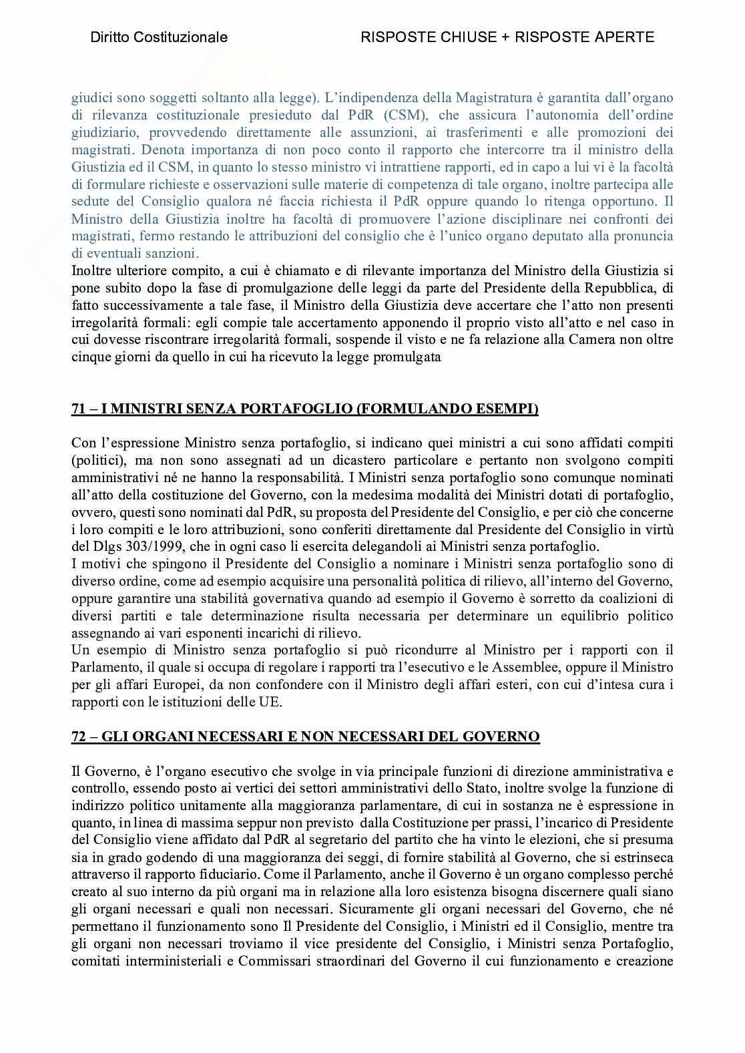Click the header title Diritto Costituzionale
[x=159, y=37]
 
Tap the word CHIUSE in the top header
[x=462, y=37]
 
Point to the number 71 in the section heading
[x=79, y=409]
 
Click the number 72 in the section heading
[x=79, y=736]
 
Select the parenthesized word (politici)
[x=97, y=460]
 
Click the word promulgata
[x=409, y=357]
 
